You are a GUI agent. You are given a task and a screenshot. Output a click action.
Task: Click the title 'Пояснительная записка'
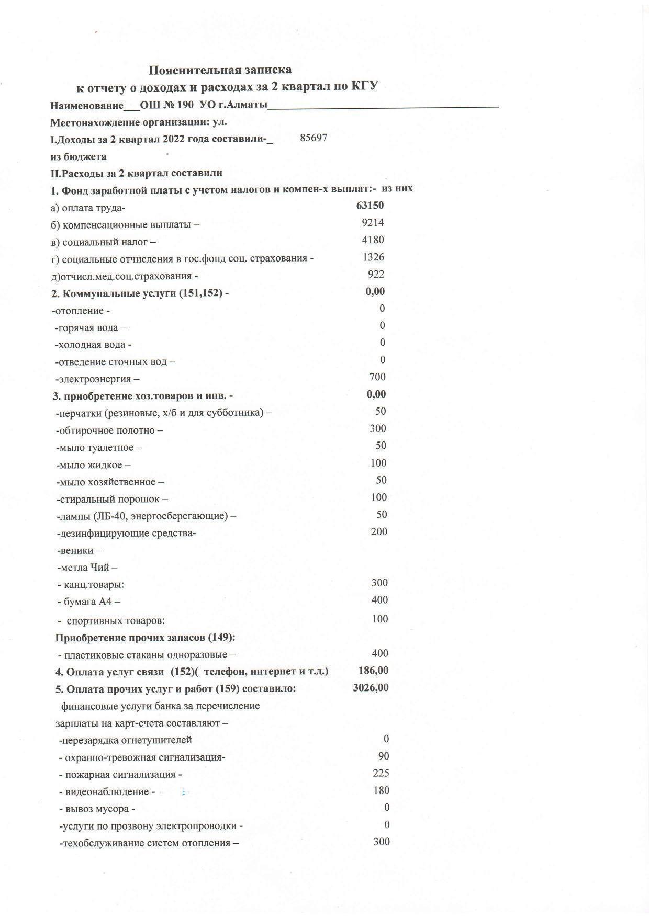pyautogui.click(x=220, y=70)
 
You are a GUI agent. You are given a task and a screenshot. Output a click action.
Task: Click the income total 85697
pyautogui.click(x=314, y=138)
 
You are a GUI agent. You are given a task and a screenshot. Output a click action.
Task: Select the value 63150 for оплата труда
pyautogui.click(x=370, y=206)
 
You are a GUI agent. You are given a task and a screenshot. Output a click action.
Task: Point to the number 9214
pyautogui.click(x=373, y=223)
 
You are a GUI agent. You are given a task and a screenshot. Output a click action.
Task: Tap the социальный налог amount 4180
pyautogui.click(x=373, y=240)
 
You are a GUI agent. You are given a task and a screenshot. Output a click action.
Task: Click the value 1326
pyautogui.click(x=373, y=257)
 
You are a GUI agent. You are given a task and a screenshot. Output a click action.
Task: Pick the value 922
pyautogui.click(x=376, y=275)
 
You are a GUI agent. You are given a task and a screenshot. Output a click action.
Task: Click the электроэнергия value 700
pyautogui.click(x=377, y=377)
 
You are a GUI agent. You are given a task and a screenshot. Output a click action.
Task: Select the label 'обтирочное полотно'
pyautogui.click(x=109, y=431)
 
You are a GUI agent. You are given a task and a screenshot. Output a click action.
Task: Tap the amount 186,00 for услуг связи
pyautogui.click(x=373, y=671)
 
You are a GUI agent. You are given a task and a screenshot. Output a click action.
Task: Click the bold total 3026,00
pyautogui.click(x=371, y=688)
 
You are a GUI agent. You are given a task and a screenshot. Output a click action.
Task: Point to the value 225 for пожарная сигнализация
pyautogui.click(x=381, y=774)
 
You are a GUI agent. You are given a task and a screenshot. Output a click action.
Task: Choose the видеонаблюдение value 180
pyautogui.click(x=381, y=791)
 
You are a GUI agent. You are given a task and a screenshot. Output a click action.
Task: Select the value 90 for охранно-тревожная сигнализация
pyautogui.click(x=384, y=756)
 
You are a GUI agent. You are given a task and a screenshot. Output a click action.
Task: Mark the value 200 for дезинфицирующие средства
pyautogui.click(x=378, y=532)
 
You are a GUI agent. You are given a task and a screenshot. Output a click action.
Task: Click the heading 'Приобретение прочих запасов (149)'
pyautogui.click(x=145, y=638)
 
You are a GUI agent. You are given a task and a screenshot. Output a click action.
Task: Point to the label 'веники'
pyautogui.click(x=79, y=551)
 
